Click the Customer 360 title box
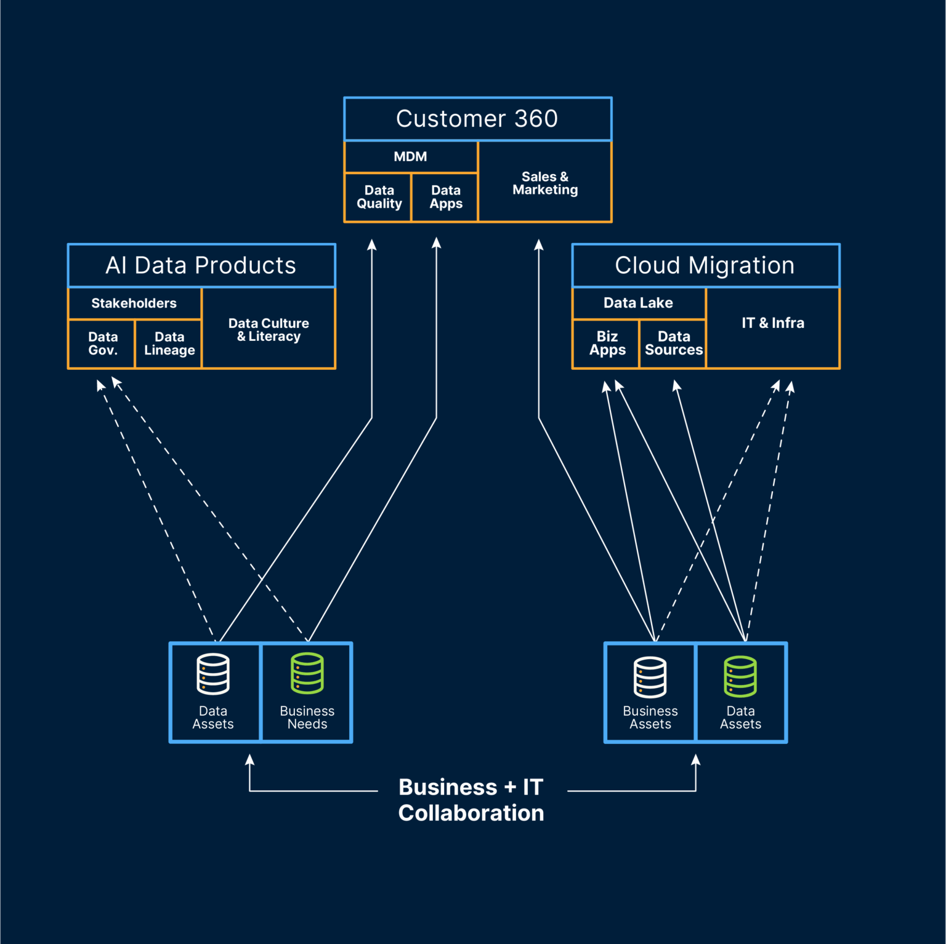[477, 119]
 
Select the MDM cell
[411, 157]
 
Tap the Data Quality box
[379, 197]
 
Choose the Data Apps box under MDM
[445, 197]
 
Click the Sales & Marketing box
[545, 183]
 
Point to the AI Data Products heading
[201, 265]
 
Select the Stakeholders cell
[134, 303]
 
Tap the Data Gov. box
[102, 344]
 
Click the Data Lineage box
[169, 344]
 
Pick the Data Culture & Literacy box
[269, 329]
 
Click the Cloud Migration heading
[705, 265]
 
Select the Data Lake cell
[638, 303]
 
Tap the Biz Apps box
[607, 343]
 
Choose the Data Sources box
[673, 343]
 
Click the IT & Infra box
[773, 323]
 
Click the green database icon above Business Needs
[307, 673]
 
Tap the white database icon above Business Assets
[650, 677]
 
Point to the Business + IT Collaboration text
[471, 800]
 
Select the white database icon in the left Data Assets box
[213, 674]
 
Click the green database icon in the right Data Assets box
[740, 676]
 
